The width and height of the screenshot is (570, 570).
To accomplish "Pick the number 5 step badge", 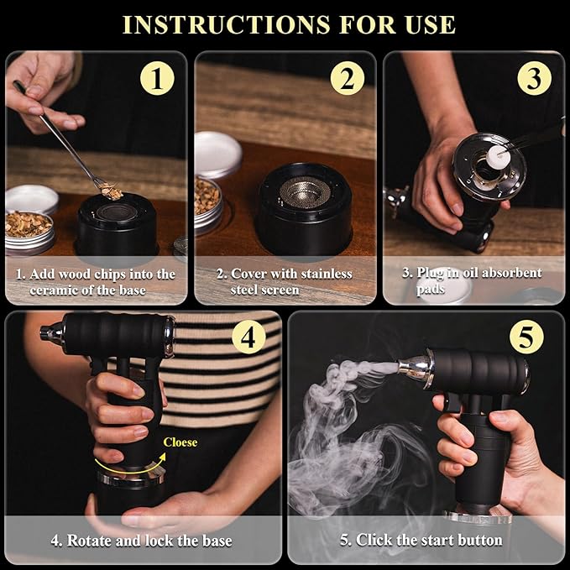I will (x=526, y=337).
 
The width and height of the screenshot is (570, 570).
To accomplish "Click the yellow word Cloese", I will (x=180, y=442).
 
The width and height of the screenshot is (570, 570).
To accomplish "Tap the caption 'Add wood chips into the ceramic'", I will (x=97, y=282).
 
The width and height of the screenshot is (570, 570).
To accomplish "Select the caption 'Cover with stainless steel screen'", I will (x=285, y=282).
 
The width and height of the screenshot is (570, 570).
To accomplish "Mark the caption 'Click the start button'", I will (x=421, y=540).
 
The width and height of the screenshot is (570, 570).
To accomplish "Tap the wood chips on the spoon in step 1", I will (x=108, y=192).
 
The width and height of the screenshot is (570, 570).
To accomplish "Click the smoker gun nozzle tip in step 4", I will (x=48, y=332).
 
